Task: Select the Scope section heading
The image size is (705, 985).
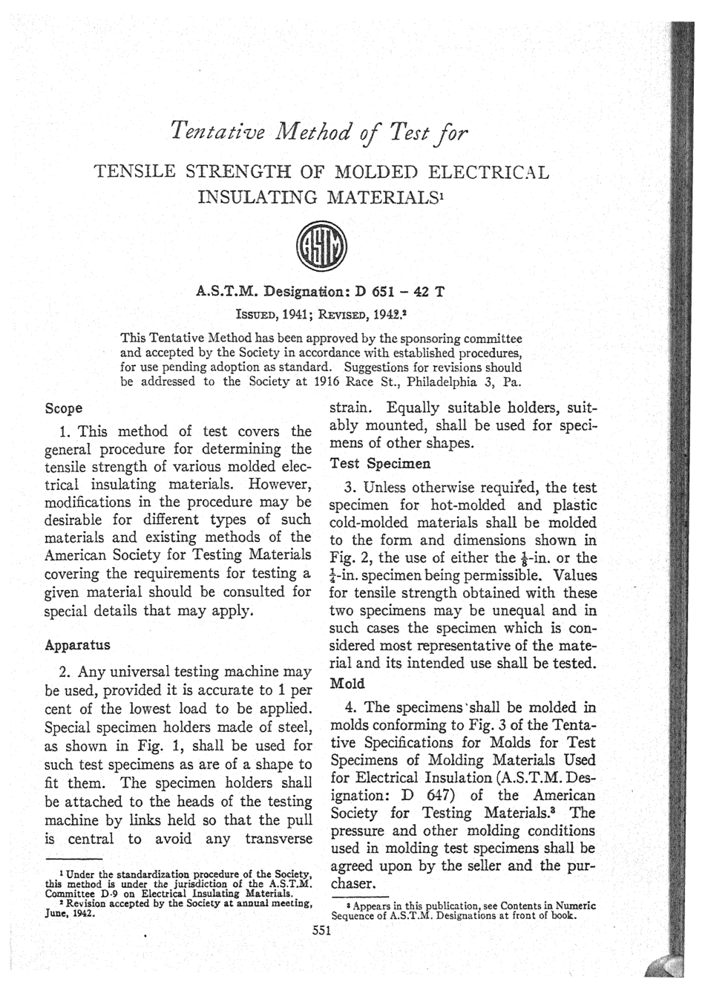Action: tap(64, 408)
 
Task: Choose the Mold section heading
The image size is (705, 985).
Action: tap(342, 681)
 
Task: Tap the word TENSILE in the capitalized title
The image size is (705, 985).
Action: tap(134, 173)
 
